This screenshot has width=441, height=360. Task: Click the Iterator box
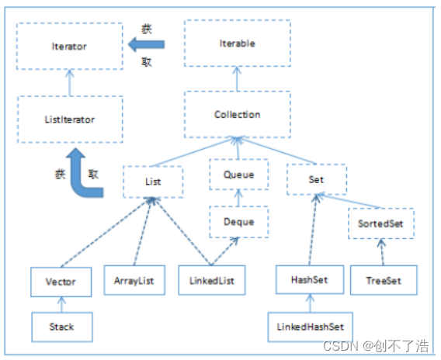(70, 47)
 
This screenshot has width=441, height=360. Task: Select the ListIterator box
(70, 119)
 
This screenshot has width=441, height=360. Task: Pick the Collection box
(237, 115)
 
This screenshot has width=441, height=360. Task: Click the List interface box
(153, 182)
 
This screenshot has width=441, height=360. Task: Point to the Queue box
(238, 175)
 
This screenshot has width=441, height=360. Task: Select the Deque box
(238, 222)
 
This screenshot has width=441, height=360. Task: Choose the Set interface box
(315, 179)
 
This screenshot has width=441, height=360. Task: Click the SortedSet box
(380, 223)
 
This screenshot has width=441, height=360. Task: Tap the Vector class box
(61, 282)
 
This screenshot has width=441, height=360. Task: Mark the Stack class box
(61, 327)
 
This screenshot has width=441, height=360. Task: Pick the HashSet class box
(309, 280)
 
